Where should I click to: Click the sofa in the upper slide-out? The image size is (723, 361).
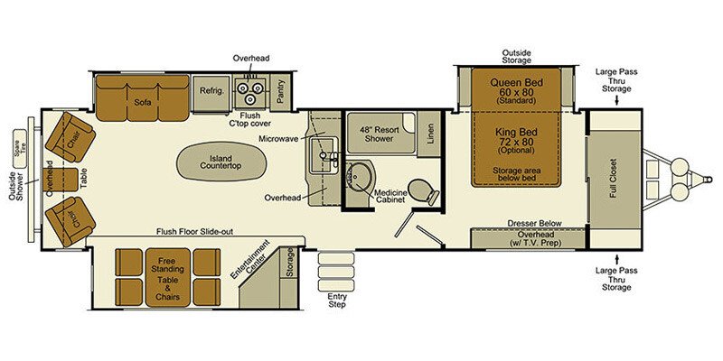(x=143, y=98)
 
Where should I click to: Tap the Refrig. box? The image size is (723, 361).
(x=211, y=93)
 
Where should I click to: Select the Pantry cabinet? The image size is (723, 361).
(x=280, y=92)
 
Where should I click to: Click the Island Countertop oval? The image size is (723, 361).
(x=221, y=162)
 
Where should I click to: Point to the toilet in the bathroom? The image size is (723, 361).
(x=421, y=190)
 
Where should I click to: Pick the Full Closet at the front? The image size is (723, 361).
(x=615, y=179)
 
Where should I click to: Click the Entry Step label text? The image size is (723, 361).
(x=336, y=301)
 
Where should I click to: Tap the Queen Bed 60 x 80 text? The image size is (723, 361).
(x=516, y=90)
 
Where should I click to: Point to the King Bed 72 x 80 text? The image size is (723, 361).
(x=516, y=140)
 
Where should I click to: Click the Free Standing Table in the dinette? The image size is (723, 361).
(x=168, y=277)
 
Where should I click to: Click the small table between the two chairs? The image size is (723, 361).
(x=61, y=180)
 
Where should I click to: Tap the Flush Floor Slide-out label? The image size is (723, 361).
(x=194, y=232)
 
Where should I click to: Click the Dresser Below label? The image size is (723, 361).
(x=535, y=223)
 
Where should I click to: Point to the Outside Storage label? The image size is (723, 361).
(x=516, y=56)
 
